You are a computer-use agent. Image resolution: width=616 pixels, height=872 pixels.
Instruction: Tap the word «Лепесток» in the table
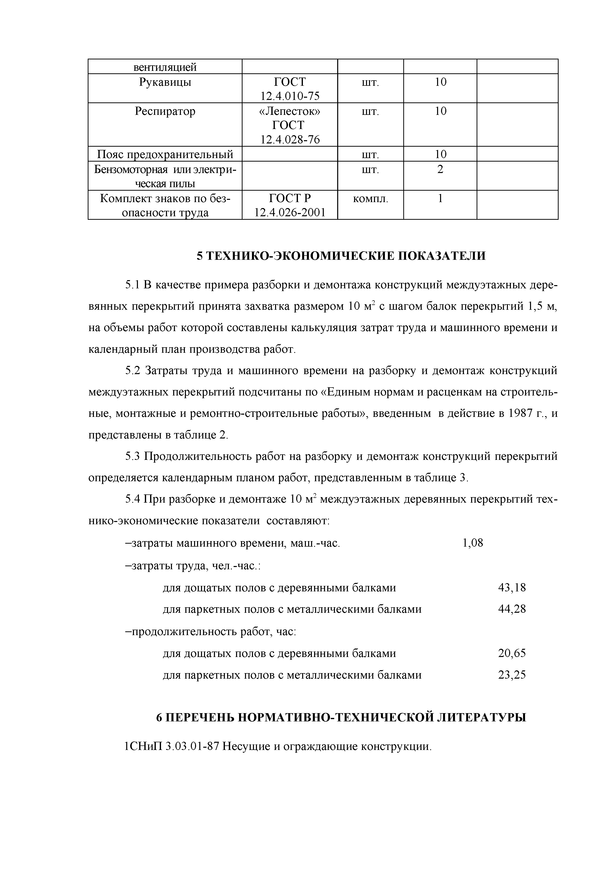pyautogui.click(x=289, y=111)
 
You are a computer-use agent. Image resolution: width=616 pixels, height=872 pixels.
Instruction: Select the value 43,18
pyautogui.click(x=512, y=588)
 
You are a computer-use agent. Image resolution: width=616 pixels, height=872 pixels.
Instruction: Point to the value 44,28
pyautogui.click(x=512, y=609)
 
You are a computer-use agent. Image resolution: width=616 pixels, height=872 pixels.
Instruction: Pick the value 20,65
pyautogui.click(x=512, y=653)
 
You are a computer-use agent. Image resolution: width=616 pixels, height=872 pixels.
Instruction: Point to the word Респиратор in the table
pyautogui.click(x=165, y=111)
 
